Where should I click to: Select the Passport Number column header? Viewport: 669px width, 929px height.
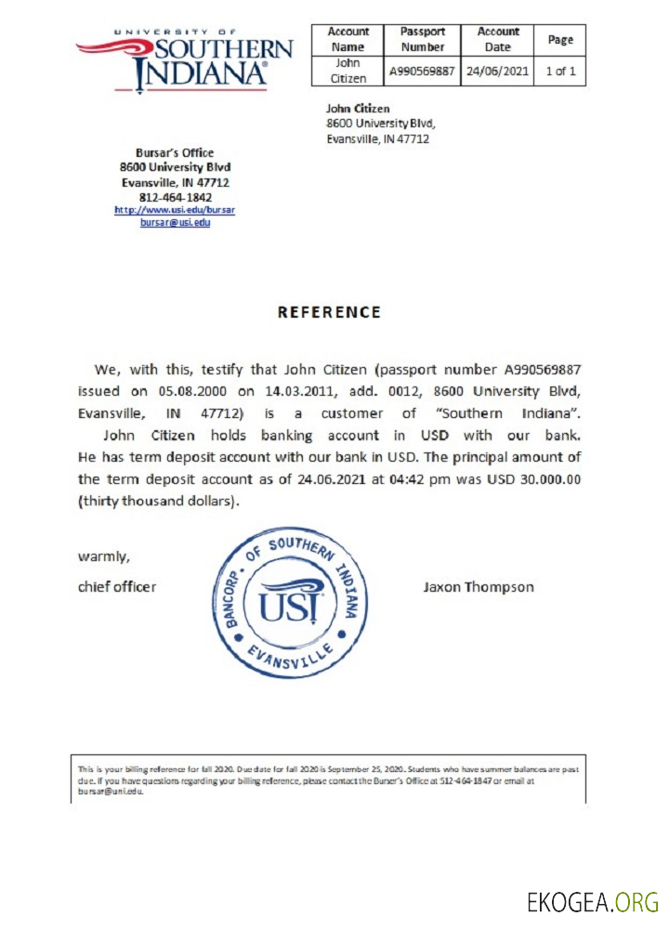423,39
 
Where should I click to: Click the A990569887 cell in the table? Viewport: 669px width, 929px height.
423,71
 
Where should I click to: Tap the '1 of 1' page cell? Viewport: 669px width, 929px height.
561,71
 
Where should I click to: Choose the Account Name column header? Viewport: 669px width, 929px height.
348,39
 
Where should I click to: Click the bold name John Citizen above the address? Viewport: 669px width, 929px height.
358,109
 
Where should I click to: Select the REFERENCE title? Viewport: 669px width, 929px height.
329,312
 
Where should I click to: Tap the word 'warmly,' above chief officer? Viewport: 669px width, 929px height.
103,557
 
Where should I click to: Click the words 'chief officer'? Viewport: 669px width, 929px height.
117,587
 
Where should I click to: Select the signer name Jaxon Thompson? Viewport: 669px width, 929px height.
478,587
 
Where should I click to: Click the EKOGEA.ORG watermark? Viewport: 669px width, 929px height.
592,901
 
